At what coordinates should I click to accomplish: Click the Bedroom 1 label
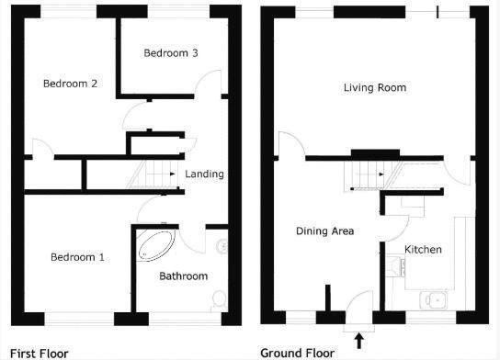tap(76, 257)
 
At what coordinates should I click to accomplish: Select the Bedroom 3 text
tap(171, 53)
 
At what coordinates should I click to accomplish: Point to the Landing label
tap(204, 174)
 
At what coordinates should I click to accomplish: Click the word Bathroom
tap(183, 276)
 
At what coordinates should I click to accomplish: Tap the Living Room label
tap(374, 87)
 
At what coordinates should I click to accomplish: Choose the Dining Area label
tap(324, 231)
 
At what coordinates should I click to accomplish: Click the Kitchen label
tap(423, 250)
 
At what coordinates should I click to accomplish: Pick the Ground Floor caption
tap(298, 353)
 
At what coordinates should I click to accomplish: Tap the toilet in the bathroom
tap(218, 300)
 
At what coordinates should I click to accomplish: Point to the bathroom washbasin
tap(221, 246)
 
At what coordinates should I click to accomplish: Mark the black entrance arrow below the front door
tap(358, 341)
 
